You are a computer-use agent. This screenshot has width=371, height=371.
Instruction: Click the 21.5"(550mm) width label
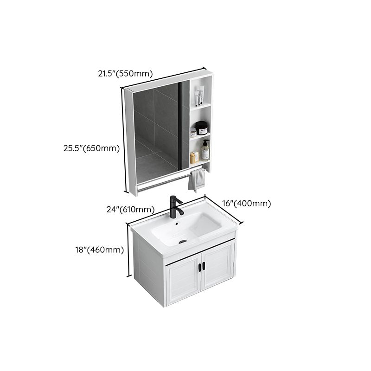pos(125,72)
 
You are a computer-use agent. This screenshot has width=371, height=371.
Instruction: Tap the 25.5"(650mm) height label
pos(91,148)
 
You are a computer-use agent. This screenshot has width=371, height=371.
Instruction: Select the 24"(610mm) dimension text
pos(130,209)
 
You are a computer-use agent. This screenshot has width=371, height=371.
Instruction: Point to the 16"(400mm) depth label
pos(246,203)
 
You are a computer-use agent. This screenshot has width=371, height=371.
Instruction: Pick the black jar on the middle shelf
pos(201,128)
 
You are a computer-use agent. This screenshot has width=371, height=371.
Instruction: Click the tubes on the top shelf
pos(199,97)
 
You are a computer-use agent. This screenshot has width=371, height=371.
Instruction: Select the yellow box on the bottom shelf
pos(194,157)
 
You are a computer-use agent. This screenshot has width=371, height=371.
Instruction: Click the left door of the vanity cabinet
pos(183,281)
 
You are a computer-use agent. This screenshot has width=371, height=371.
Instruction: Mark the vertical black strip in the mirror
pos(180,125)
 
